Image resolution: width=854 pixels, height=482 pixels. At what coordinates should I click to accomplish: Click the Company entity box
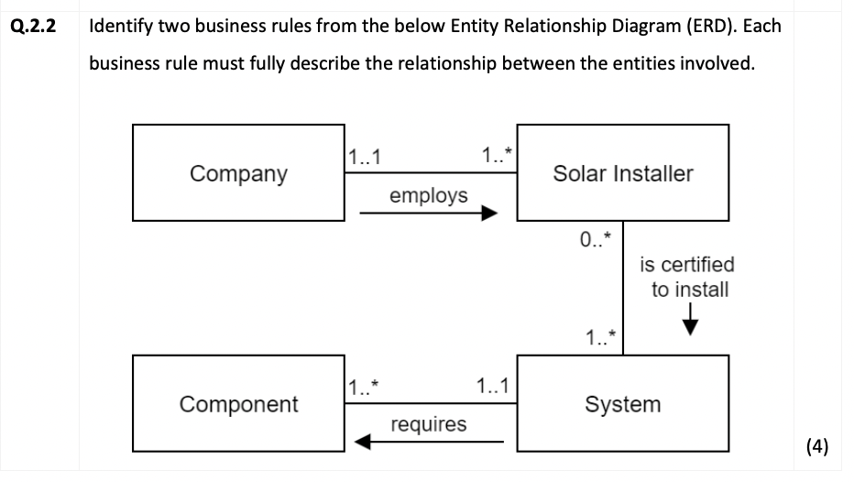tap(238, 173)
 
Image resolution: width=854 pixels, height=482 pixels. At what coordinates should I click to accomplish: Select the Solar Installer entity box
tap(623, 173)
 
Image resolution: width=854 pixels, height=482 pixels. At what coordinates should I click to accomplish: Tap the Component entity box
tap(238, 404)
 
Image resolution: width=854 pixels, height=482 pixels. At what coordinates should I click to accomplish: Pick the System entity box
tap(623, 404)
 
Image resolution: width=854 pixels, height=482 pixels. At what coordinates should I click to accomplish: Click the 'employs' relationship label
tap(428, 195)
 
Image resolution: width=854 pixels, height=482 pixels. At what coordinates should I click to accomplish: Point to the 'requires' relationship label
tap(428, 424)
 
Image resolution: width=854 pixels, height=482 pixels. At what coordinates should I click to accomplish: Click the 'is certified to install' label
tap(686, 277)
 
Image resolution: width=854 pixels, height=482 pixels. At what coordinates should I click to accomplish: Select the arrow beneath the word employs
tap(428, 214)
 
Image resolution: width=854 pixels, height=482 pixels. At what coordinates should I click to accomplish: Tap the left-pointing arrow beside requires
tap(428, 444)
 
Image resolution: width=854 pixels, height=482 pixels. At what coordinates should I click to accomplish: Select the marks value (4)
tap(816, 446)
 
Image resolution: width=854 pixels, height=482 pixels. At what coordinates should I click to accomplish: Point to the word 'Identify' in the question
tap(120, 26)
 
